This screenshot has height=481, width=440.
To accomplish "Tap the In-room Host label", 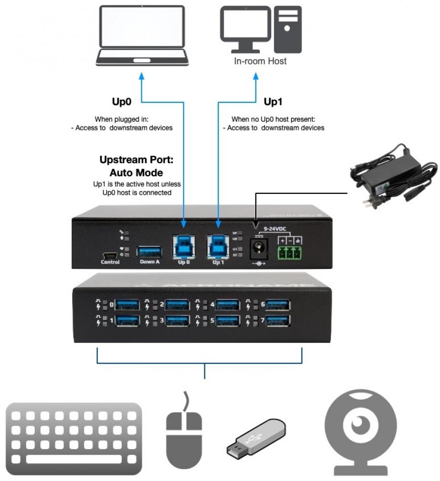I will click(x=260, y=61).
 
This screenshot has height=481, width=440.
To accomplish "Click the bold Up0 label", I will click(x=122, y=102).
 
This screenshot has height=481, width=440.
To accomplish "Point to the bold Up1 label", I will click(x=273, y=102).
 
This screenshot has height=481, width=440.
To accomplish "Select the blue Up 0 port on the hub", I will click(x=184, y=246).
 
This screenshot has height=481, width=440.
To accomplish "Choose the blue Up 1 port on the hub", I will click(x=219, y=246).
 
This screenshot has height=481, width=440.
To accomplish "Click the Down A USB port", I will click(x=150, y=252).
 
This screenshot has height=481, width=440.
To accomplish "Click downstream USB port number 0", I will click(x=127, y=305).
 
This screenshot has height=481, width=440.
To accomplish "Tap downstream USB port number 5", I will click(x=227, y=320).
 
